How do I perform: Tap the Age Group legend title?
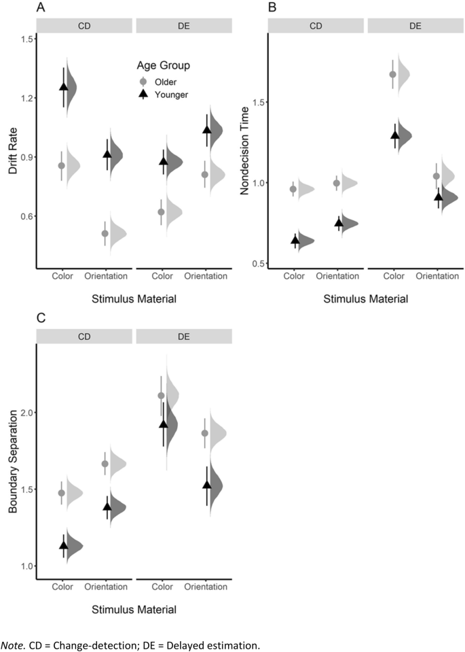tap(160, 66)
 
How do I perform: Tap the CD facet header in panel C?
tap(85, 336)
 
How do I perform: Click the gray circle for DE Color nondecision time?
tap(392, 75)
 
